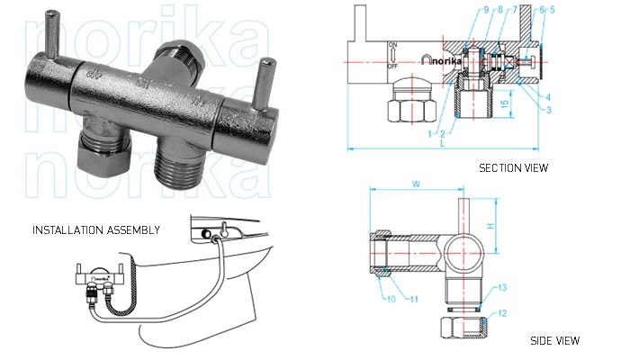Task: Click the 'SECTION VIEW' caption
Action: tap(513, 167)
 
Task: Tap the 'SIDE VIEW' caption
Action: tap(555, 340)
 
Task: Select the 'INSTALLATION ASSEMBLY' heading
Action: tap(96, 230)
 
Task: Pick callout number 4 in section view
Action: tap(547, 96)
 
